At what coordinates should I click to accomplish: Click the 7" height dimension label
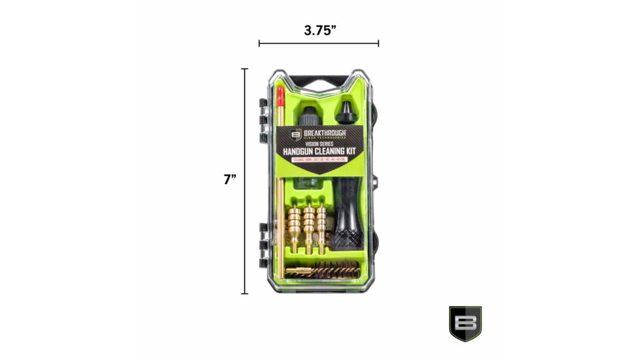230,179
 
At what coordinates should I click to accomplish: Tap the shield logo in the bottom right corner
465,323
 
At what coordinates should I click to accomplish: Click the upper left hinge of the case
264,115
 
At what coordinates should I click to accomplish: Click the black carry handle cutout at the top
319,82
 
